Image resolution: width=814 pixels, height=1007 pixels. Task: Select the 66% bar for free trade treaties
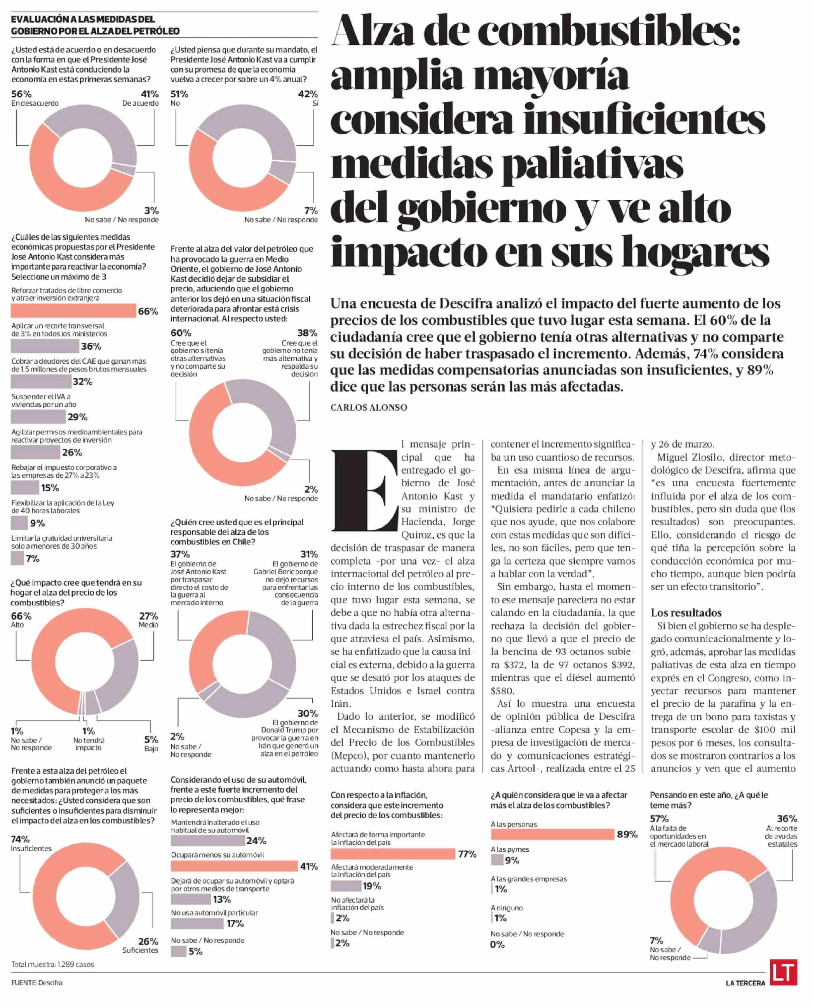[73, 310]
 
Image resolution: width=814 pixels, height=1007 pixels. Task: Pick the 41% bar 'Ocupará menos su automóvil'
[234, 866]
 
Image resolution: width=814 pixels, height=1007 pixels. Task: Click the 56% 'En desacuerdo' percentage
[21, 94]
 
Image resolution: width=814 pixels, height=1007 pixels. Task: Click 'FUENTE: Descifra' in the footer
[37, 983]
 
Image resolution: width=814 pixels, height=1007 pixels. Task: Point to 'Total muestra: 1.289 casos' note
[52, 964]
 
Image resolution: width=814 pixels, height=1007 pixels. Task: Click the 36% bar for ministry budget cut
[45, 346]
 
